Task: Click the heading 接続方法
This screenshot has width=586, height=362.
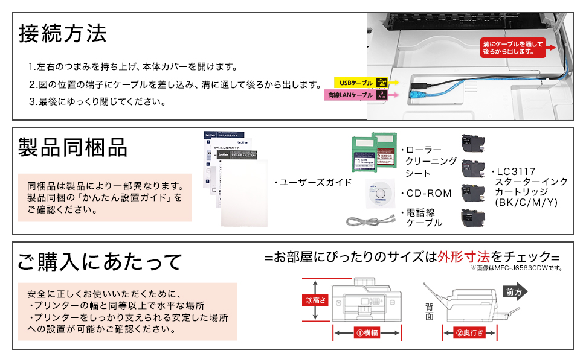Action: tap(63, 33)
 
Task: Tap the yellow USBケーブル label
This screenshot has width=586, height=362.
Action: tap(356, 82)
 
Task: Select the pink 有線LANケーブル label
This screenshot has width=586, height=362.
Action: tap(351, 95)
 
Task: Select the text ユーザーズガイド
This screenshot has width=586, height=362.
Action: tap(312, 182)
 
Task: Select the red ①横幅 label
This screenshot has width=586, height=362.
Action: tap(367, 332)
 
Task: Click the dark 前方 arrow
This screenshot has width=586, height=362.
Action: tap(514, 291)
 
